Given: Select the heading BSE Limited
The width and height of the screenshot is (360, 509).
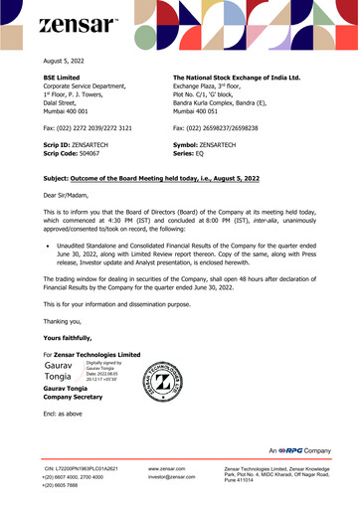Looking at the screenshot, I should tap(62, 76).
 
